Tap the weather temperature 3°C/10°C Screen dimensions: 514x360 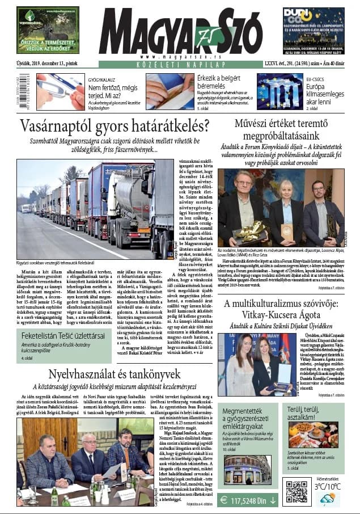tap(328, 486)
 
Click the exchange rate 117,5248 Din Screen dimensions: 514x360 tap(248, 500)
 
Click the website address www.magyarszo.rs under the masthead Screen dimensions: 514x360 tap(174, 56)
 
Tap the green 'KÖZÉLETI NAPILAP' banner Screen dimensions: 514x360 tap(175, 65)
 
